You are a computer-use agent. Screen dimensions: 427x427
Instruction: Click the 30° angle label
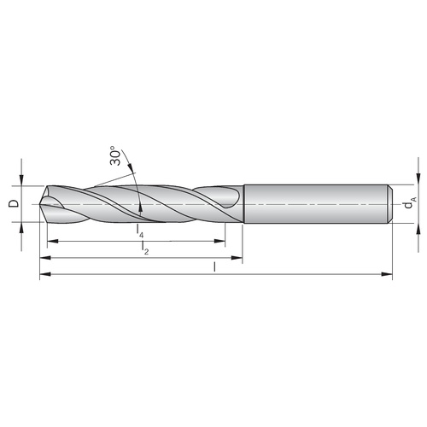[115, 155]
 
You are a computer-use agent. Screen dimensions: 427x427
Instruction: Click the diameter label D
[14, 203]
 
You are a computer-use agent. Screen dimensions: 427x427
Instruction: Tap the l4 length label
[139, 231]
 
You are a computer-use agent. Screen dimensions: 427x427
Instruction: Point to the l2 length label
[145, 248]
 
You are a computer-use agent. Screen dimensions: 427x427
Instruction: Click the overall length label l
[214, 266]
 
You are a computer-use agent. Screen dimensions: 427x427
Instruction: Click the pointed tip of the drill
[40, 204]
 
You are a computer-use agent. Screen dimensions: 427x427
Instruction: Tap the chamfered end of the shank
[390, 204]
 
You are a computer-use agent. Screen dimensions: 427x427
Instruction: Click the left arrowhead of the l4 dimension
[53, 242]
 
